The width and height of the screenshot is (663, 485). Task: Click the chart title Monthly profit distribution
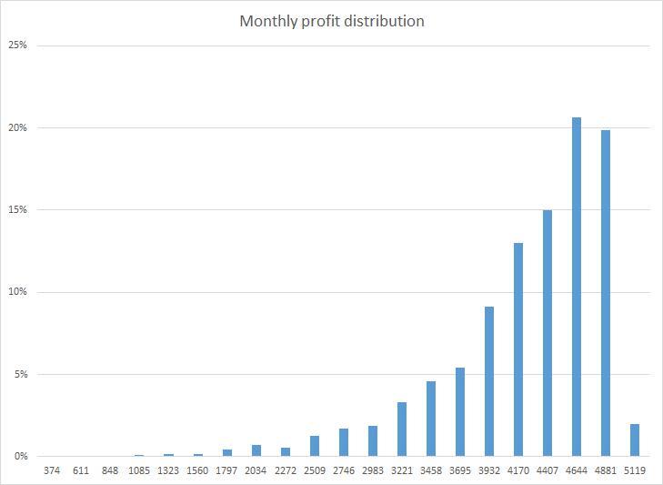pos(331,21)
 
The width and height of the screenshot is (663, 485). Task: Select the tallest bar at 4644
pos(576,287)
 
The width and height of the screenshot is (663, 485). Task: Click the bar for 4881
pos(605,293)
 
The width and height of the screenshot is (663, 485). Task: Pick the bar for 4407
pos(547,333)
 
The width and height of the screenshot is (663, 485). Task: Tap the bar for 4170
pos(517,349)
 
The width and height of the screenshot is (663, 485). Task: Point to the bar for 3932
pos(488,381)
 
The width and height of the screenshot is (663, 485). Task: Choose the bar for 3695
pos(460,411)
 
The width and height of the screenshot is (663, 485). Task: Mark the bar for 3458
pos(430,419)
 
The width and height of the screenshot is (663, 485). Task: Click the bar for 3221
pos(401,429)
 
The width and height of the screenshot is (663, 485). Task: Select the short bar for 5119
pos(634,440)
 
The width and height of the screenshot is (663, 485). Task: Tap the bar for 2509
pos(315,446)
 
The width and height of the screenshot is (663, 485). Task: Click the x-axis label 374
pos(52,471)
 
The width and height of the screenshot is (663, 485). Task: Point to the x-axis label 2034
pos(256,471)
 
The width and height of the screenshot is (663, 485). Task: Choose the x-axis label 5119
pos(634,471)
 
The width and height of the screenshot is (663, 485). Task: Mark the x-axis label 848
pos(110,471)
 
